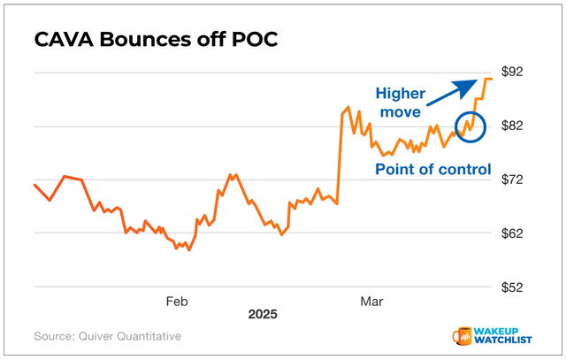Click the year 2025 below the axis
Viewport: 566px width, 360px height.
pyautogui.click(x=263, y=315)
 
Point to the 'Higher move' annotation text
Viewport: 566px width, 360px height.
pyautogui.click(x=398, y=102)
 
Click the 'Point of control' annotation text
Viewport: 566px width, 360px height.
pyautogui.click(x=432, y=169)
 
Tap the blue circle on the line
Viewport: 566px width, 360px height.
pyautogui.click(x=470, y=129)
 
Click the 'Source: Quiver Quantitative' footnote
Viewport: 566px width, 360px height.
pyautogui.click(x=107, y=336)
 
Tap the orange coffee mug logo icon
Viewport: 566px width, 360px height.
pyautogui.click(x=462, y=337)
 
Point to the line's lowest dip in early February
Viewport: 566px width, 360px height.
pyautogui.click(x=188, y=249)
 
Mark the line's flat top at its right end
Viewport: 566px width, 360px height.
pyautogui.click(x=487, y=80)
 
